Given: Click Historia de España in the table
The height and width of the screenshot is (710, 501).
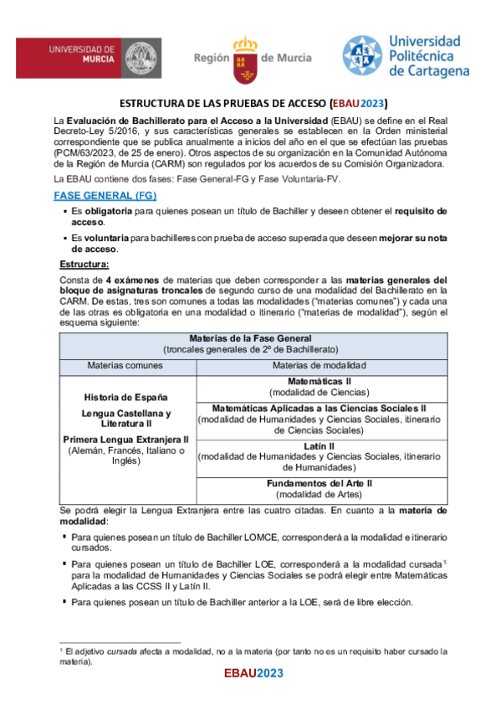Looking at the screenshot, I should (x=126, y=396).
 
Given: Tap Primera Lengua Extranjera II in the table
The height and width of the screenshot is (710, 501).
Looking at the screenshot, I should (x=126, y=439).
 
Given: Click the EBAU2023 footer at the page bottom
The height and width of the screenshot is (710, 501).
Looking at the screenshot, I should (x=253, y=673).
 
